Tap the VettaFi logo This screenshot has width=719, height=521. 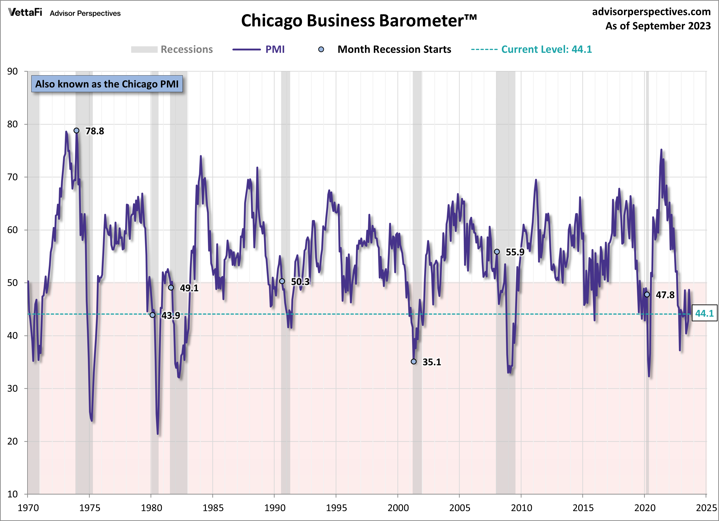point(25,12)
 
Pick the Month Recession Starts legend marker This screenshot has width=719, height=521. point(321,50)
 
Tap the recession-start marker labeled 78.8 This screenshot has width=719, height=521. point(76,131)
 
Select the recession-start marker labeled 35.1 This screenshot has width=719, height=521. point(414,361)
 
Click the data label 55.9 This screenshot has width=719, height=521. point(515,252)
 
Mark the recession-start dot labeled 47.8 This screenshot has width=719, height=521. point(647,295)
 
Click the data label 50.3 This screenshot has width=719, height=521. point(300,281)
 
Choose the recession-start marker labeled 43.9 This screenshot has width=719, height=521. point(152,315)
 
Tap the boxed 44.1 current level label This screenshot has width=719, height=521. point(704,313)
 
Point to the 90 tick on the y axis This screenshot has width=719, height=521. point(13,71)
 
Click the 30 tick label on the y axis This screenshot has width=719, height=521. point(13,388)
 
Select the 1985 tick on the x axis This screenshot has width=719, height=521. point(213,508)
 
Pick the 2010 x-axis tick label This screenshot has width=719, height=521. point(521,508)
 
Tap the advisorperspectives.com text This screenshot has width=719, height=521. point(651,12)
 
